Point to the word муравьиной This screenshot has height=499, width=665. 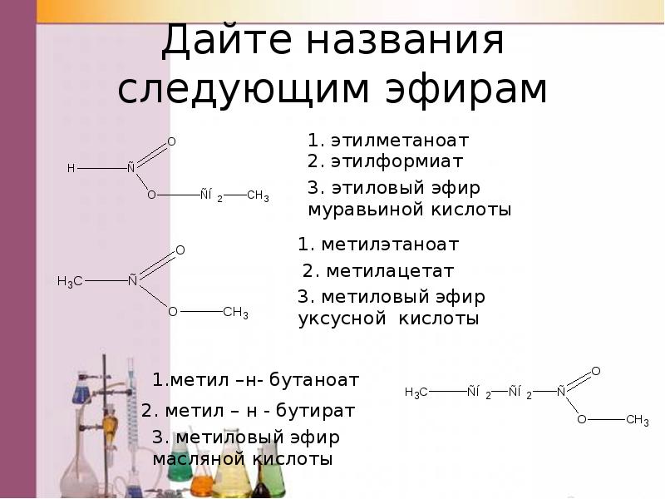coord(364,210)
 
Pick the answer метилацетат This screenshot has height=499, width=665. coord(389,271)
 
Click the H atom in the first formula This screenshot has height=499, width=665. coord(71,168)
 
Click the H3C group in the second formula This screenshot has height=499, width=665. coord(69,281)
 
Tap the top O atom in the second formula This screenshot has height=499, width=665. coord(180,249)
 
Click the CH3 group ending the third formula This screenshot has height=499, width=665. coord(637,421)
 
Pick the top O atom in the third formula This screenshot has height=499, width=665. coord(595,370)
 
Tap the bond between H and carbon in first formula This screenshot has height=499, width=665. coord(101,168)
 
